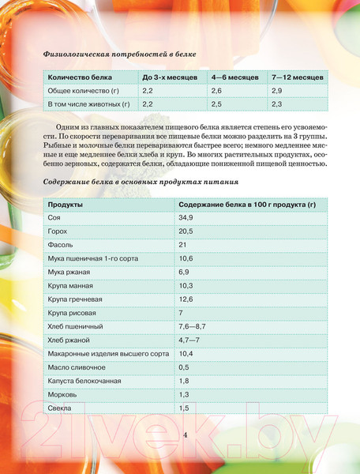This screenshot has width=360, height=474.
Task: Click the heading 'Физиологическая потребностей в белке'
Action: [x=118, y=55]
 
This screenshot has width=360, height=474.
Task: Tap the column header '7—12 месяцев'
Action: [x=296, y=77]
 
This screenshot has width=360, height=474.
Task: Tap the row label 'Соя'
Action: [x=55, y=217]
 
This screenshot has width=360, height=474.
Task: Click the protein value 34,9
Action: [x=186, y=217]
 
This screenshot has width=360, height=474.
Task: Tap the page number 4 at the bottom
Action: [x=185, y=435]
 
